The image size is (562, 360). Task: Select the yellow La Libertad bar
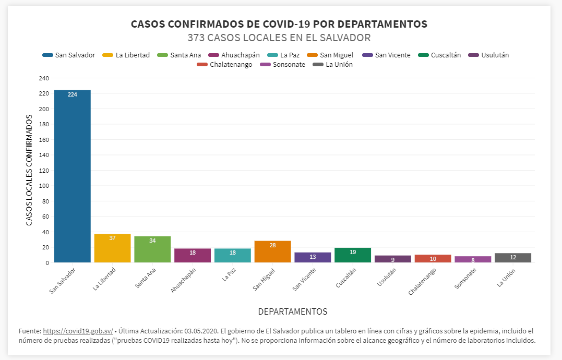pyautogui.click(x=112, y=248)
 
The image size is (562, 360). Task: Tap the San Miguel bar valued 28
pyautogui.click(x=272, y=252)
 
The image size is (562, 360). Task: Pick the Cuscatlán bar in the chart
pyautogui.click(x=353, y=255)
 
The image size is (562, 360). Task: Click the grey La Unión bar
pyautogui.click(x=513, y=258)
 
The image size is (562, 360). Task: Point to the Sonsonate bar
pyautogui.click(x=473, y=259)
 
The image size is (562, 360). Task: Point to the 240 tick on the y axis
pyautogui.click(x=44, y=78)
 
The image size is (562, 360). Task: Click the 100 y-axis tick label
pyautogui.click(x=44, y=186)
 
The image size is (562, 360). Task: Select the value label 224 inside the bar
pyautogui.click(x=73, y=94)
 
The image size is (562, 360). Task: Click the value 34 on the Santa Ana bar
pyautogui.click(x=152, y=241)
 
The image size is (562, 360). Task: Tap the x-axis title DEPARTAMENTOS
pyautogui.click(x=293, y=311)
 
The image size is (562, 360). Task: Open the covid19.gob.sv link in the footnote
pyautogui.click(x=78, y=331)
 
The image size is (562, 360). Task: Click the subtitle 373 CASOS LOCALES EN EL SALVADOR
pyautogui.click(x=279, y=38)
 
